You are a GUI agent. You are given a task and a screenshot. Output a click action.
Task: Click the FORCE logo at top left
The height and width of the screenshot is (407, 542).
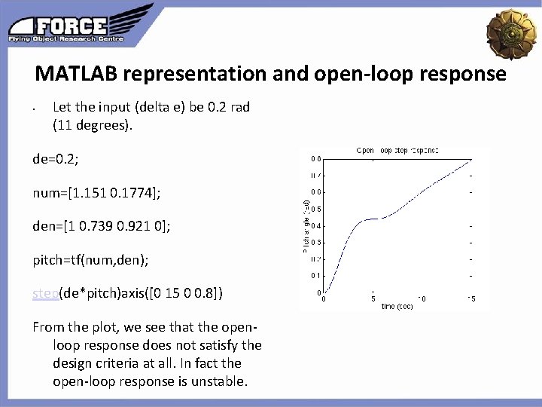[x=79, y=24]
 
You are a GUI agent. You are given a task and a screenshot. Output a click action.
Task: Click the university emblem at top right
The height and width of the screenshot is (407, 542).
[x=512, y=31]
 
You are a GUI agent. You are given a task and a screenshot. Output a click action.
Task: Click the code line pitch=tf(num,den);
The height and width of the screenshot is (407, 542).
[x=90, y=259]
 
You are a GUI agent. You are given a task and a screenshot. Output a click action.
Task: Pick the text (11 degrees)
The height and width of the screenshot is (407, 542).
[x=92, y=125]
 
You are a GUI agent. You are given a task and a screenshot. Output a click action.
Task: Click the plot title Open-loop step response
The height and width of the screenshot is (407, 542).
[x=397, y=151]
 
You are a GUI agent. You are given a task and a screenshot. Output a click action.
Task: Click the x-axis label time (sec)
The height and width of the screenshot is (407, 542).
[x=397, y=306]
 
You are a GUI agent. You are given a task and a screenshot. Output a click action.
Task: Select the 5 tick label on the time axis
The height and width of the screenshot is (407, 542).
[x=373, y=298]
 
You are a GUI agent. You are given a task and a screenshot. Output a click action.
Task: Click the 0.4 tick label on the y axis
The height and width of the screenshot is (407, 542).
[x=318, y=225]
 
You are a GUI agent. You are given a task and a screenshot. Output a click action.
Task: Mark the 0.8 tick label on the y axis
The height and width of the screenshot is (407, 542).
[x=318, y=158]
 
